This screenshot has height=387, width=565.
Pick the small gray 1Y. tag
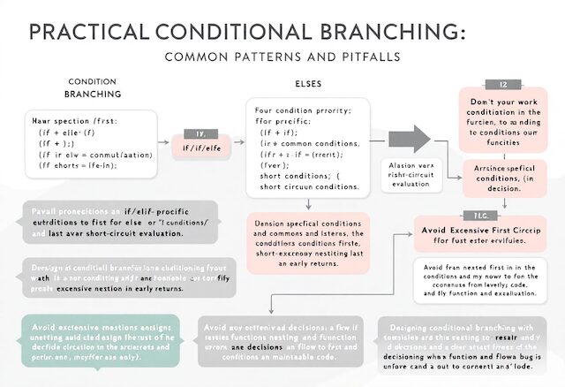200,133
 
